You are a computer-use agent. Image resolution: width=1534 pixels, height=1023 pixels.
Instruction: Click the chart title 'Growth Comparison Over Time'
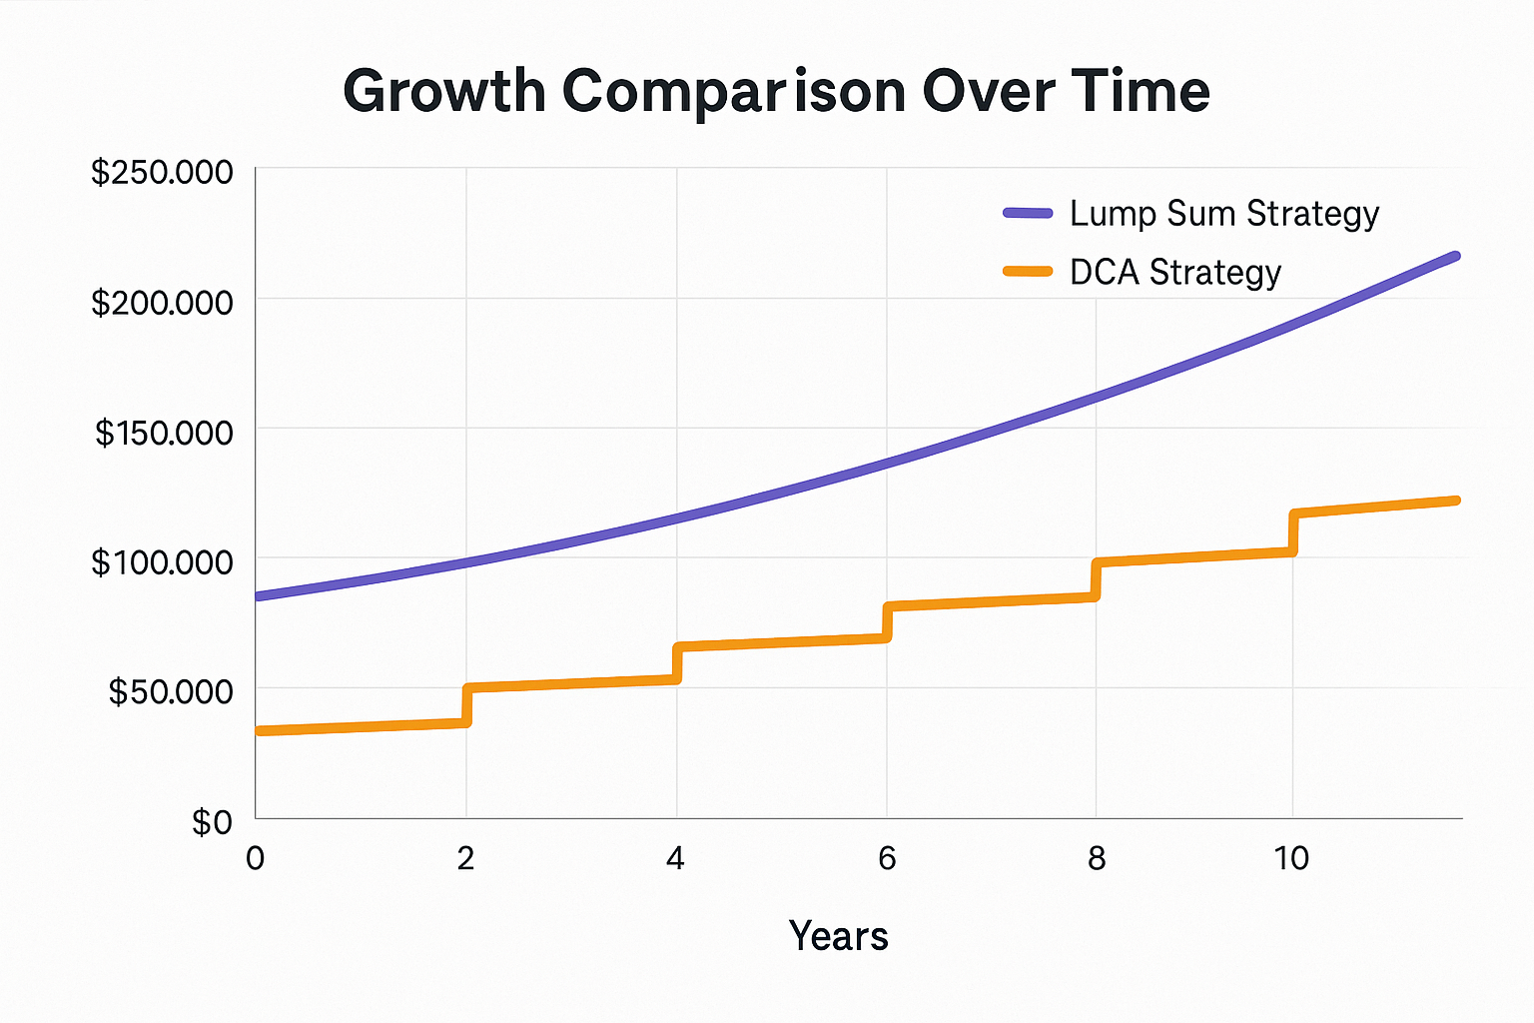pos(776,92)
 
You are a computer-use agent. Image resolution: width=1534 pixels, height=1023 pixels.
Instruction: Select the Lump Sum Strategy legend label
pos(1223,214)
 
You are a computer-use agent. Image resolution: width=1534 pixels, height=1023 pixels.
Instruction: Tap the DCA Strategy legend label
pos(1174,273)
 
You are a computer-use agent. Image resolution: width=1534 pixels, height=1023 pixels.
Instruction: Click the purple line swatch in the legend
pos(1028,213)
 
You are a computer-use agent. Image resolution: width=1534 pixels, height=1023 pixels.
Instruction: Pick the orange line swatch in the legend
pos(1028,271)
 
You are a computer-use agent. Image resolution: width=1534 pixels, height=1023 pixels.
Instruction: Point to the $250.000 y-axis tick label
pos(162,173)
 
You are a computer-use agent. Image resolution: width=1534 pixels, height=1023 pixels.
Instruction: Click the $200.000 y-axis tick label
pos(162,302)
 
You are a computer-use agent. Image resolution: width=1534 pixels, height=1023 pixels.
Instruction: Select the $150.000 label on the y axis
pos(164,433)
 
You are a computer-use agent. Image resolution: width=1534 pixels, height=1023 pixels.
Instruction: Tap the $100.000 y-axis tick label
pos(162,562)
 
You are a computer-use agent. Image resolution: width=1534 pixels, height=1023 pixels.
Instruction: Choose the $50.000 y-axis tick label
pos(170,691)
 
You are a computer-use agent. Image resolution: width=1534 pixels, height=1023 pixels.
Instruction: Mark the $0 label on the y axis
pos(212,822)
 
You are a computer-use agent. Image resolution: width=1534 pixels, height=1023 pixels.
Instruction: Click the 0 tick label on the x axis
pos(256,858)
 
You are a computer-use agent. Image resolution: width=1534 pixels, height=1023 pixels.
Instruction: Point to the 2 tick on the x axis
pos(465,858)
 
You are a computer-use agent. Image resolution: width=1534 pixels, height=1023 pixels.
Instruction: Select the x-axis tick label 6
pos(887,858)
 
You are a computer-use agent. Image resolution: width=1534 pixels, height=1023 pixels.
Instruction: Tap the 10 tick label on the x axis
pos(1291,858)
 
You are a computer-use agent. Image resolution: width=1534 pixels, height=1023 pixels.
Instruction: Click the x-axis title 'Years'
pos(838,936)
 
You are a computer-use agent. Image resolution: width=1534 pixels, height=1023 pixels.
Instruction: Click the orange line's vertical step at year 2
pos(466,705)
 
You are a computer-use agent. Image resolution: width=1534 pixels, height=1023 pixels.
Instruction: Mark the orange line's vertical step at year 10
pos(1293,532)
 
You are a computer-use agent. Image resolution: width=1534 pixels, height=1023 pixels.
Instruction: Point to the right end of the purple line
pos(1455,257)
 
